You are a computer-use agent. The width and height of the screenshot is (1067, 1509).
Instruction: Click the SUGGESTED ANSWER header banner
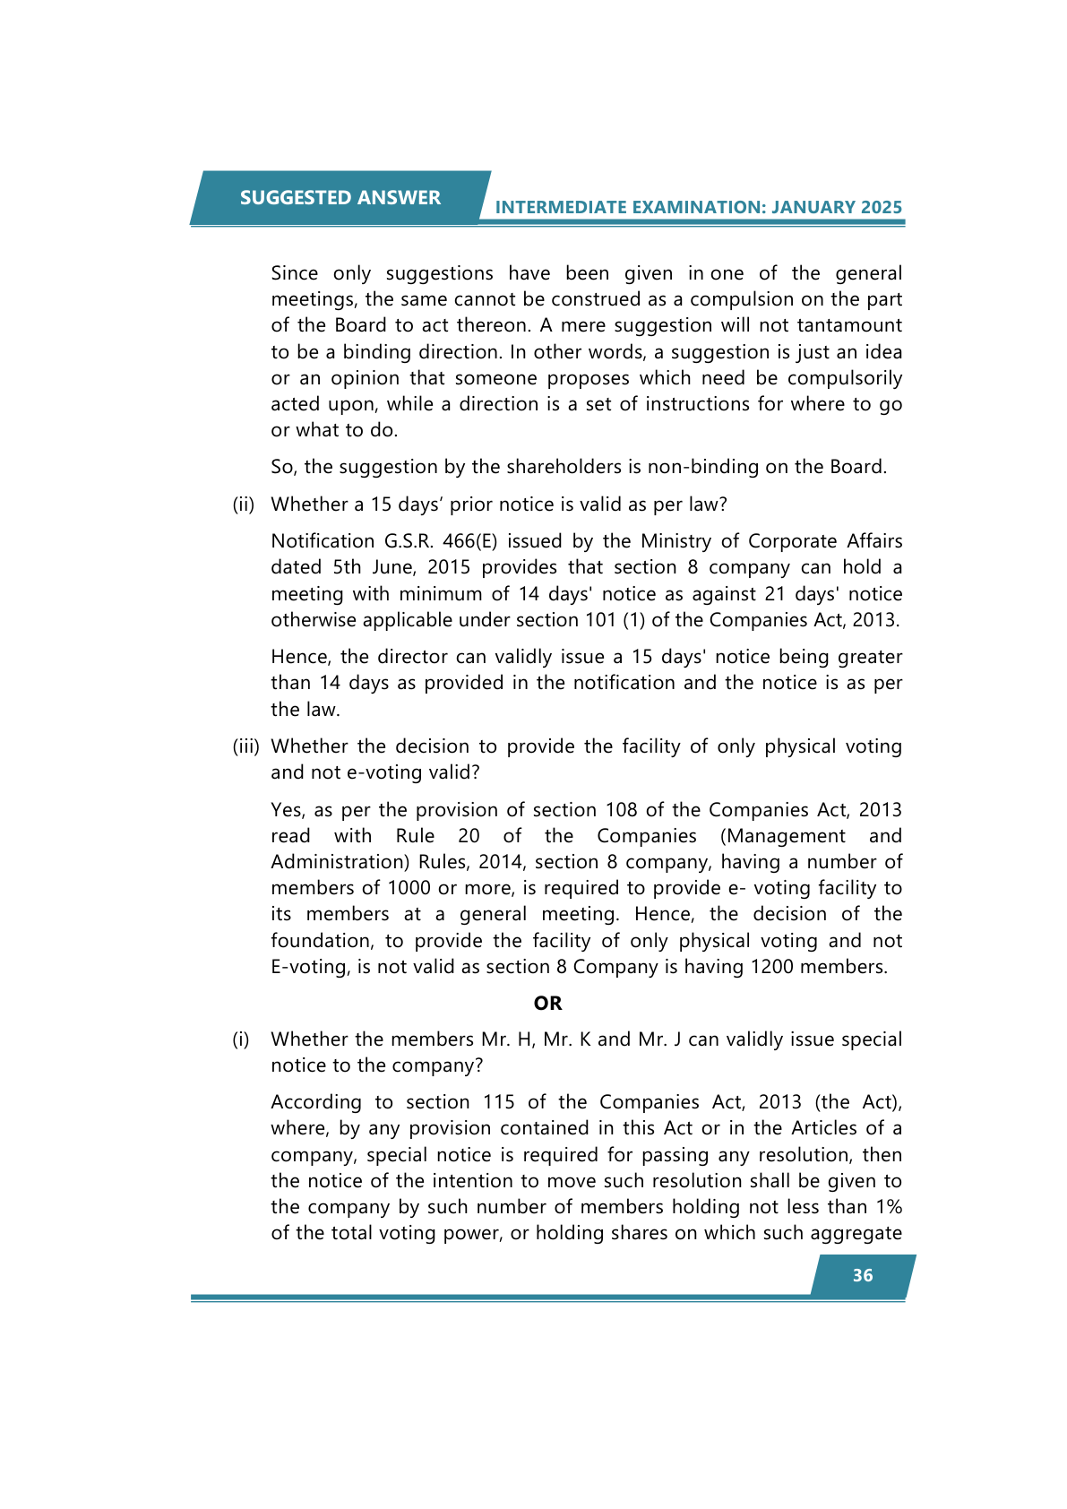[340, 198]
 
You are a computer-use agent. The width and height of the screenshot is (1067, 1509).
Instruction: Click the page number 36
[862, 1275]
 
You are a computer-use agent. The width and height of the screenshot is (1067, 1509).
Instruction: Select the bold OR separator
[547, 1004]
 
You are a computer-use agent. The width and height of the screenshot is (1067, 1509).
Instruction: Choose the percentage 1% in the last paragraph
[888, 1207]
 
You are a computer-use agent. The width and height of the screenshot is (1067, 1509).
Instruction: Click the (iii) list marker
[245, 746]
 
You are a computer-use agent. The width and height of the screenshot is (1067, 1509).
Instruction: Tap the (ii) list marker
[244, 504]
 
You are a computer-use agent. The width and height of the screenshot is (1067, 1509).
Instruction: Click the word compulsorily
[845, 378]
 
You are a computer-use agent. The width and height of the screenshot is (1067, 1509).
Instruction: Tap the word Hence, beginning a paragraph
[300, 657]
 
